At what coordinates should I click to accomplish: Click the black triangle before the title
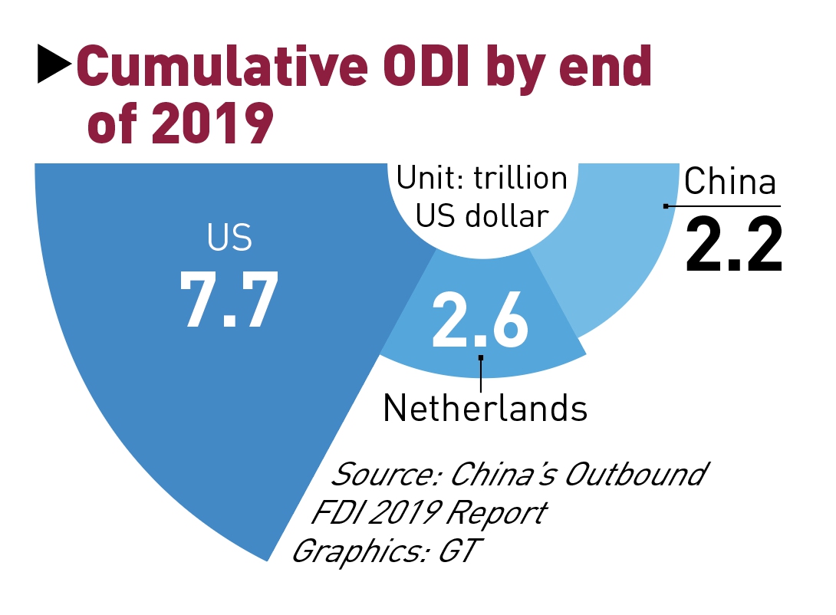coord(54,65)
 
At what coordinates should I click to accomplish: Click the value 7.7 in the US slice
coord(229,299)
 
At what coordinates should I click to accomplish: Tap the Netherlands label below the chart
coord(485,408)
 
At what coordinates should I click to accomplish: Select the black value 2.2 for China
coord(733,245)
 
